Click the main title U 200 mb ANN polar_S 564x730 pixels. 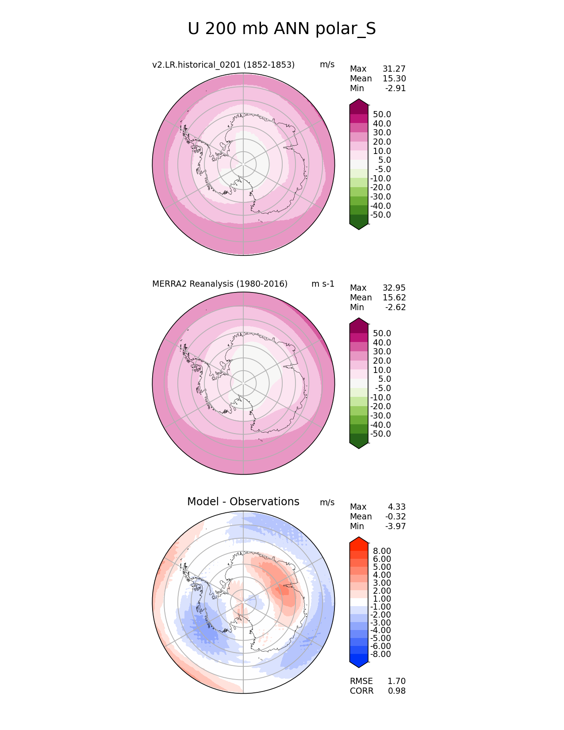tap(282, 29)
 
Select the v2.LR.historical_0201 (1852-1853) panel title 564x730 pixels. tap(223, 65)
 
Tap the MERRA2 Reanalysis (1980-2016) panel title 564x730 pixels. tap(220, 284)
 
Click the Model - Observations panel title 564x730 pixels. tap(243, 502)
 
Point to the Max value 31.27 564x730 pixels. tap(394, 69)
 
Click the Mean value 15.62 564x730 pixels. tap(394, 298)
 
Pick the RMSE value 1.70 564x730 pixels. tap(396, 681)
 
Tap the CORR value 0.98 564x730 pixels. tap(396, 691)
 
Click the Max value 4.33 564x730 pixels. tap(396, 507)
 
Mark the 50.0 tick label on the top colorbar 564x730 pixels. tap(382, 115)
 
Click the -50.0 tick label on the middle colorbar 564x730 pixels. tap(380, 434)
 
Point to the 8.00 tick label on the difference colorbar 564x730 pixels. tap(382, 551)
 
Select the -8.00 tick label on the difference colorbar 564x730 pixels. tap(380, 654)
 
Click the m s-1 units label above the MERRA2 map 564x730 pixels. tap(323, 284)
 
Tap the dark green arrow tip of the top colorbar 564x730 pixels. tap(359, 225)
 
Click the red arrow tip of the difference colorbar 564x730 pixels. tap(359, 541)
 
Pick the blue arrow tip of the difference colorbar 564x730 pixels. tap(359, 663)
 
